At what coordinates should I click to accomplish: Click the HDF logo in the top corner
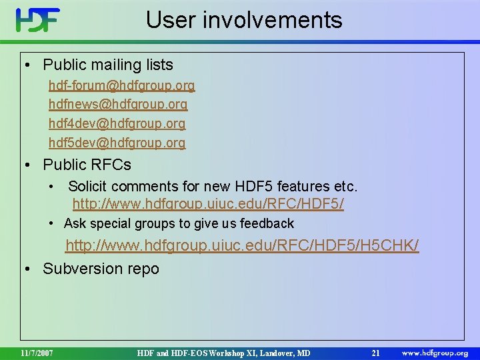pos(38,21)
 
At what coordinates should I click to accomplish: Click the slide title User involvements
pos(244,20)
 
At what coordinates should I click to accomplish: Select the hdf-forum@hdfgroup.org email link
pos(121,86)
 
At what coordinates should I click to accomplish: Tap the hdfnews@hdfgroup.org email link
pos(118,105)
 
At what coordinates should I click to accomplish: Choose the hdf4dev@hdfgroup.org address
pos(117,124)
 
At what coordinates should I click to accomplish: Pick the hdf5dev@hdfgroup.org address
pos(117,143)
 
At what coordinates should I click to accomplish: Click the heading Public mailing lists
pos(107,65)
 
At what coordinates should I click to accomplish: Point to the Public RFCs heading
pos(87,164)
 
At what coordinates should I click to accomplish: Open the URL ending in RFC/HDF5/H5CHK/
pos(242,247)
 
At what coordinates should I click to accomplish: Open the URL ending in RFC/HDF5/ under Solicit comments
pos(208,204)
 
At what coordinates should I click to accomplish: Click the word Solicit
pos(88,186)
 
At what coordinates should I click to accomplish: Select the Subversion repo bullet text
pos(101,269)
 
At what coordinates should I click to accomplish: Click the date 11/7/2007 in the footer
pos(37,353)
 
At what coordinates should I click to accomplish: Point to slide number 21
pos(375,353)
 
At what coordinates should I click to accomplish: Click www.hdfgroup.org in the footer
pos(435,353)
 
